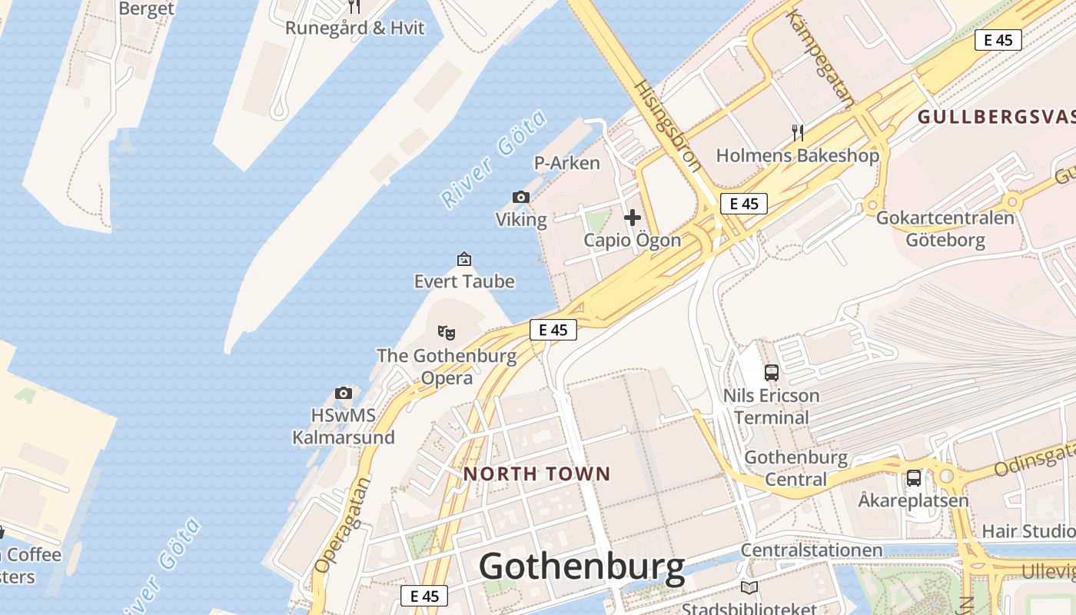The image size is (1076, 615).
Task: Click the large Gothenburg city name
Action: [582, 567]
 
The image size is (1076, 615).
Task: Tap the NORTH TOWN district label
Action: [536, 474]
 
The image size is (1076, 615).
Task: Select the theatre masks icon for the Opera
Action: [447, 333]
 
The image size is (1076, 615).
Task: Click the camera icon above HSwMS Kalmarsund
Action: [344, 394]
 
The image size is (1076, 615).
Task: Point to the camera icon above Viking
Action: [521, 198]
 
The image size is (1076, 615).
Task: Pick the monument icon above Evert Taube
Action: [463, 259]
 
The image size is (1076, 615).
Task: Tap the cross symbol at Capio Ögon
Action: [633, 218]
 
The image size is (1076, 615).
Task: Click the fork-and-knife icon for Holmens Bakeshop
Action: [798, 133]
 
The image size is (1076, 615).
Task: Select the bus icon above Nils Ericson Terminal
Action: [772, 373]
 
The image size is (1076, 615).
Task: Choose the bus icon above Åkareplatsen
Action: [913, 477]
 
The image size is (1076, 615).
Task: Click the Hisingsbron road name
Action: [667, 124]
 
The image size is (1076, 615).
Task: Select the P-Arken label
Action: [566, 163]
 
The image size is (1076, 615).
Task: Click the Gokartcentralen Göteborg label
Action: [945, 228]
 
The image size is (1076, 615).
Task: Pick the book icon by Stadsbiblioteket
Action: [749, 588]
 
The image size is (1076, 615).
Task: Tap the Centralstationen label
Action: [811, 550]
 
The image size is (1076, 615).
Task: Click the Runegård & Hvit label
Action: [354, 28]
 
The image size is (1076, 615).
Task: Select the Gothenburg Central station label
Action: [796, 468]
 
